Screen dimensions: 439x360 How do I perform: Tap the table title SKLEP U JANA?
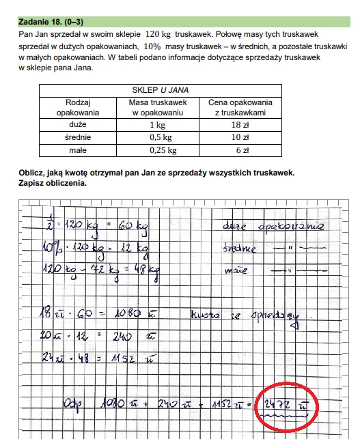pyautogui.click(x=160, y=89)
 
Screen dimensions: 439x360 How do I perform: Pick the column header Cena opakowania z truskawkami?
pyautogui.click(x=240, y=107)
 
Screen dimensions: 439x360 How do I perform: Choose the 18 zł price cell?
pyautogui.click(x=240, y=125)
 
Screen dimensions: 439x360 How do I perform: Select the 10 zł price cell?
pyautogui.click(x=240, y=137)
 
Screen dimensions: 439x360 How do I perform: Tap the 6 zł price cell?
pyautogui.click(x=240, y=150)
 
